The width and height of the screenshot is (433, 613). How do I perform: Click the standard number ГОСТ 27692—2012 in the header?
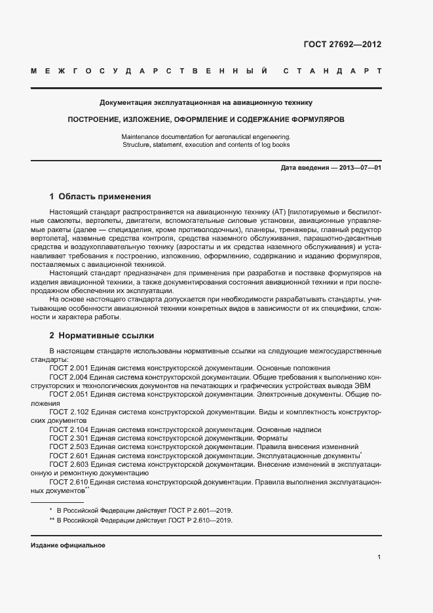coord(342,45)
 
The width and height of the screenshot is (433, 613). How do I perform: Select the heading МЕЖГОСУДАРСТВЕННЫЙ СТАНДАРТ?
coord(206,70)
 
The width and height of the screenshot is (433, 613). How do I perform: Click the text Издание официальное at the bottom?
coord(68,545)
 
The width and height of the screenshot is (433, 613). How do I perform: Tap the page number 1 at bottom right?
coord(379,557)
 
